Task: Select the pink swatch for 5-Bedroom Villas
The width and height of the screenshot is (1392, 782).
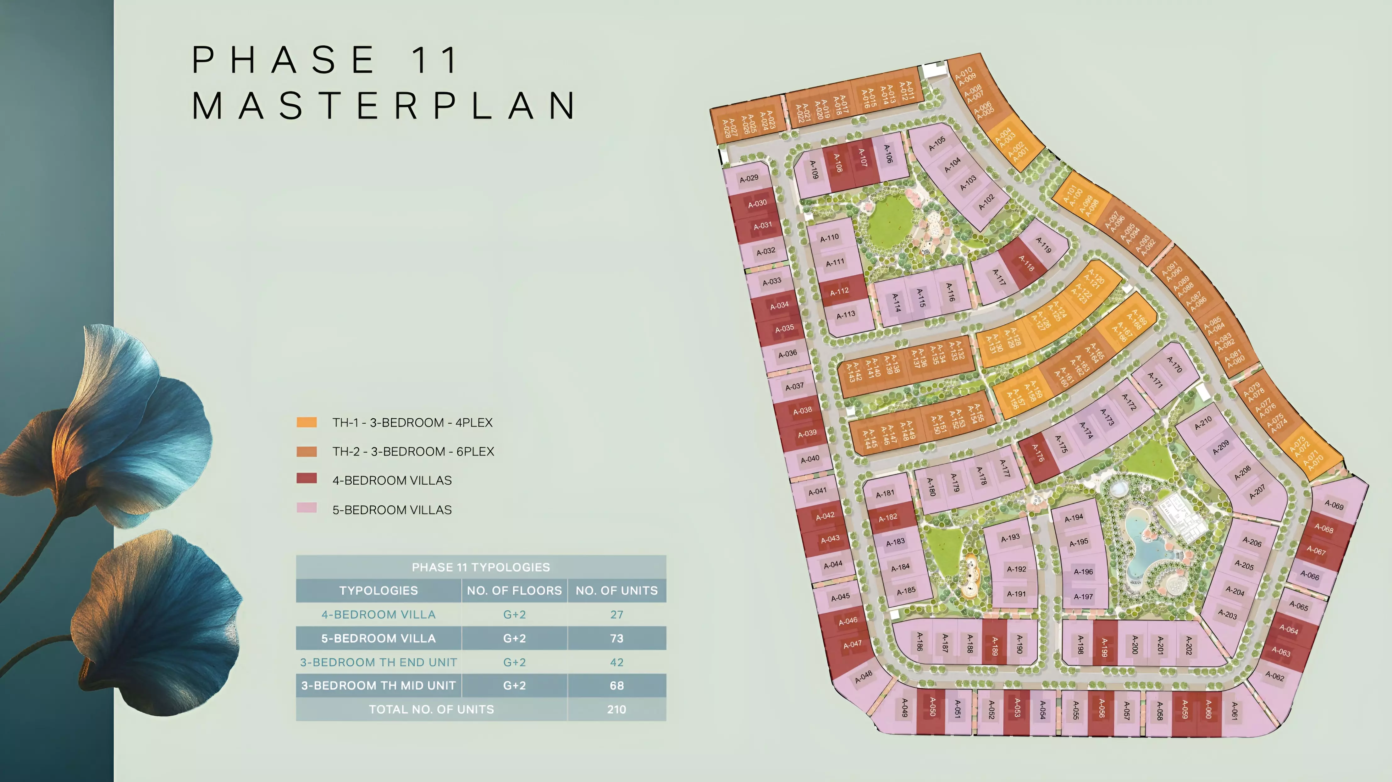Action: coord(307,508)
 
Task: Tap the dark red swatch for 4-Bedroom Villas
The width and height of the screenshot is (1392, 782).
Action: coord(307,478)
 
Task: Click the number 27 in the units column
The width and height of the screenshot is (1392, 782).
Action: coord(616,614)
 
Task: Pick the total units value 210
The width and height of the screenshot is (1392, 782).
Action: coord(616,710)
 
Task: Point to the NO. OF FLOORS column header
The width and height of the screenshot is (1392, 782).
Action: coord(514,591)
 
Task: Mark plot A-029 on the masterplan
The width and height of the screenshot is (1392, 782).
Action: coord(749,178)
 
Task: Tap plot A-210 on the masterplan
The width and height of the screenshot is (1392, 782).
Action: coord(1203,423)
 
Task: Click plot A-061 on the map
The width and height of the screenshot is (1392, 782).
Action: coord(1234,711)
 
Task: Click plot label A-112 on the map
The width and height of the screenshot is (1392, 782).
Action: coord(839,292)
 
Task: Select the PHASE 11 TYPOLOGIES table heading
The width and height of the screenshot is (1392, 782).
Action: coord(480,567)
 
